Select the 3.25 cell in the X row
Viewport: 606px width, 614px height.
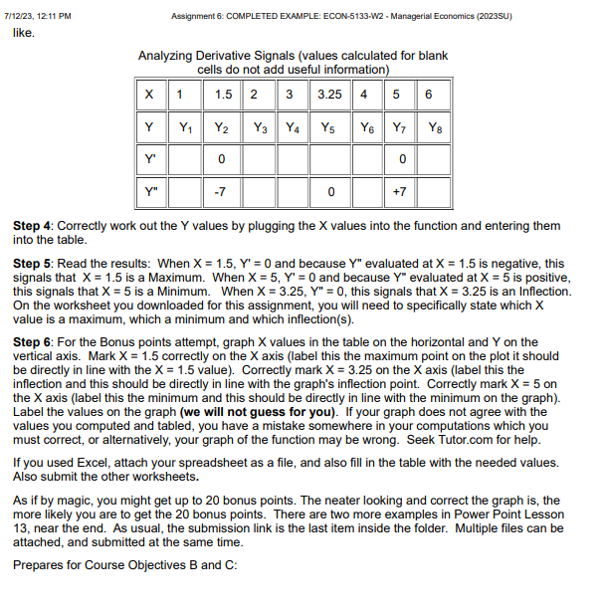329,95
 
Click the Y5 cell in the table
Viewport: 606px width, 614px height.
329,127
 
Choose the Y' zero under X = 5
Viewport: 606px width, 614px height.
398,159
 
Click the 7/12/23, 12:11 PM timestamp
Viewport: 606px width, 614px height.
45,14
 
